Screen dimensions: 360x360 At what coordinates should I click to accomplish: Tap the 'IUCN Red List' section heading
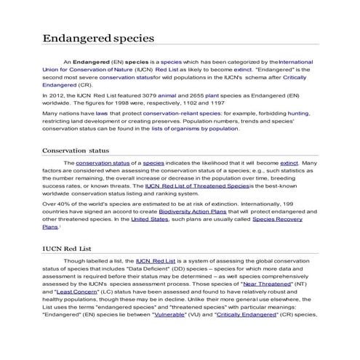coord(65,249)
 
